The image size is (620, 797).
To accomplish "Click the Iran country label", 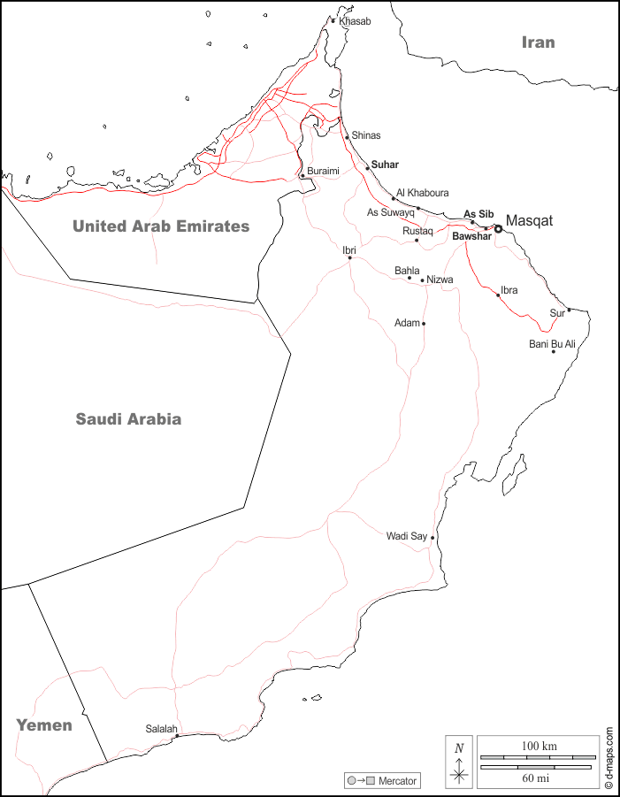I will tap(538, 42).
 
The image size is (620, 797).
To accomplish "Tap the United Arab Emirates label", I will tap(161, 226).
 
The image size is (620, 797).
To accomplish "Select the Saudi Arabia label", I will tap(128, 419).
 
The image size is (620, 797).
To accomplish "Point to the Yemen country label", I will tap(43, 725).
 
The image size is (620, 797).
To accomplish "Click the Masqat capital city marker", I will tap(498, 228).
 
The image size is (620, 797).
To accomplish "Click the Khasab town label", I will tap(355, 21).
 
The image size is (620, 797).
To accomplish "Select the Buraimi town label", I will tap(323, 171).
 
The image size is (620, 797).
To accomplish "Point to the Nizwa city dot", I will tap(423, 280).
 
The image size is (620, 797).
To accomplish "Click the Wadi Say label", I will tap(406, 536).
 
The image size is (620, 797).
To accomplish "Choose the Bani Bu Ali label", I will tap(553, 343).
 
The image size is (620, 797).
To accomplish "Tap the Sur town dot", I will tap(569, 310).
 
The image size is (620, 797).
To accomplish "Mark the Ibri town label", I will tap(349, 250).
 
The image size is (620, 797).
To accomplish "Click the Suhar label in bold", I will tap(385, 165).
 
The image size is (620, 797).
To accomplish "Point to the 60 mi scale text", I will tap(535, 778).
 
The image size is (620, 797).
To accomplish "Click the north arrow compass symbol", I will tap(459, 763).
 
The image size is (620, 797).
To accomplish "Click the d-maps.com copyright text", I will tap(609, 757).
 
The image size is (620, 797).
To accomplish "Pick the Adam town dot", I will tap(424, 324).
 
